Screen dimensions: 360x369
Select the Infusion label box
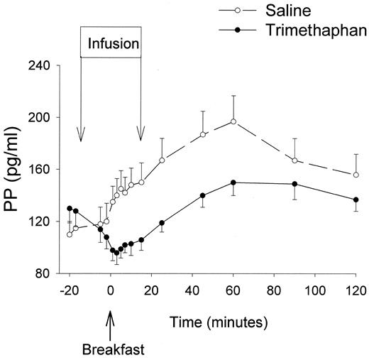coord(111,46)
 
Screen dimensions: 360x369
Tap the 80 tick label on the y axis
coord(43,273)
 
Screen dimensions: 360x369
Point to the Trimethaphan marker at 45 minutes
coord(202,195)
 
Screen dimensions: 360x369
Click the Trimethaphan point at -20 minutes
coord(70,208)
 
